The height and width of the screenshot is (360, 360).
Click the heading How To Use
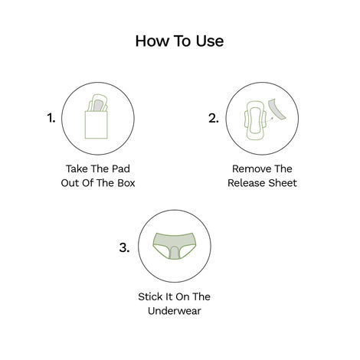[x=179, y=41]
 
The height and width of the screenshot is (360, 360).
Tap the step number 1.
[x=51, y=119]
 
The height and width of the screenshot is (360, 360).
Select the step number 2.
[x=214, y=119]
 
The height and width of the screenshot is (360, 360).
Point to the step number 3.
[x=124, y=247]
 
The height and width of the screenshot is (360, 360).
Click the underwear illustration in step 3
[x=173, y=245]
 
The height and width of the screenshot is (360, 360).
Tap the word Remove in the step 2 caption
[x=244, y=168]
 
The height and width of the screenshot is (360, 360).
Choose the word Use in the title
[x=208, y=41]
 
